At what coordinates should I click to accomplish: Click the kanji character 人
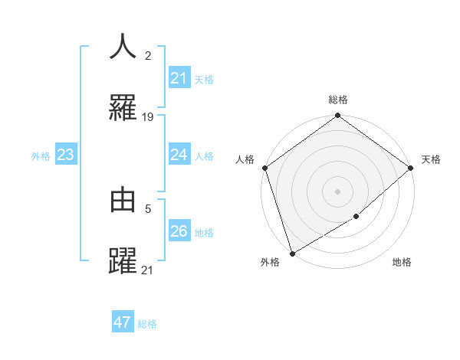click(123, 47)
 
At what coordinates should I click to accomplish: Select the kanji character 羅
click(123, 109)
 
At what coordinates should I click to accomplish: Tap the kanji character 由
click(123, 200)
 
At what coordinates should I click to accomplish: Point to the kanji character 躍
click(123, 260)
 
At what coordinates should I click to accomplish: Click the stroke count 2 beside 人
click(147, 56)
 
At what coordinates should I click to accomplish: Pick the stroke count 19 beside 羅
click(148, 117)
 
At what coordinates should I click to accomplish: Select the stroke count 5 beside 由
click(147, 207)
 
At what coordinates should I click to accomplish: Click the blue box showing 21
click(179, 78)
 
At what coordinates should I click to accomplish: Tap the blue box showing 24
click(179, 155)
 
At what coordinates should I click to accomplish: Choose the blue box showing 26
click(179, 231)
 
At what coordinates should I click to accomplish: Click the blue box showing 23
click(65, 155)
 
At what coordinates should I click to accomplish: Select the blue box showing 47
click(122, 322)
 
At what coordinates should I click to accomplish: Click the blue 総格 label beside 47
click(147, 324)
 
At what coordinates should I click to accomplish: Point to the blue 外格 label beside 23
click(41, 156)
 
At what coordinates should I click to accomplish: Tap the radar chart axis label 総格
click(338, 100)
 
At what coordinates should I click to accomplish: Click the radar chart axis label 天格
click(431, 159)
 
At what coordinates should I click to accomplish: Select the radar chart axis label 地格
click(402, 263)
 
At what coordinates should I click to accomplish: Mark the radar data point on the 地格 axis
click(356, 217)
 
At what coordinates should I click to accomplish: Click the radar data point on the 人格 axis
click(264, 168)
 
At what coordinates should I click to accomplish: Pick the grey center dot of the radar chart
click(338, 191)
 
